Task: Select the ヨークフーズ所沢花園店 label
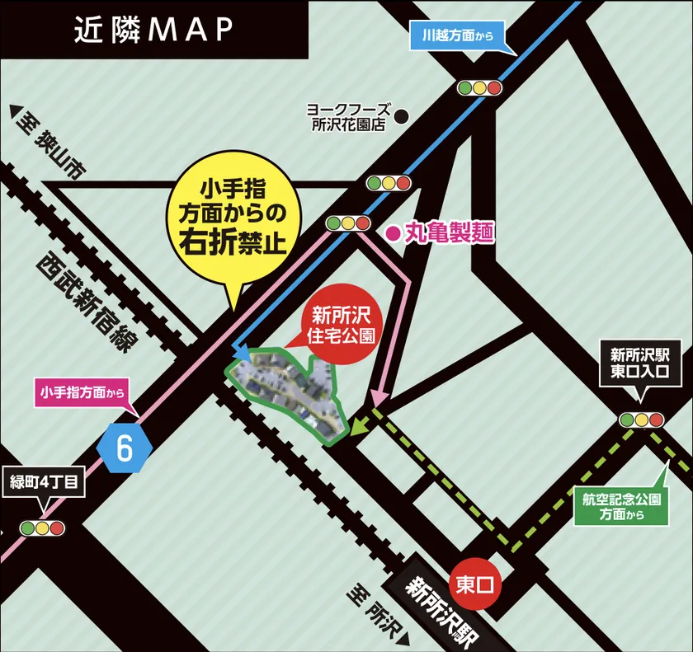346,117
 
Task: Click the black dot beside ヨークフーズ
402,117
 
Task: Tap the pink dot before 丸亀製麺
393,234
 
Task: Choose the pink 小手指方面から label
83,393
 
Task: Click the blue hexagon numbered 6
125,447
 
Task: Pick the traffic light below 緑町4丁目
42,528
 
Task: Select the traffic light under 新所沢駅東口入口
642,420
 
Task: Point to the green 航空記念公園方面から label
620,505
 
